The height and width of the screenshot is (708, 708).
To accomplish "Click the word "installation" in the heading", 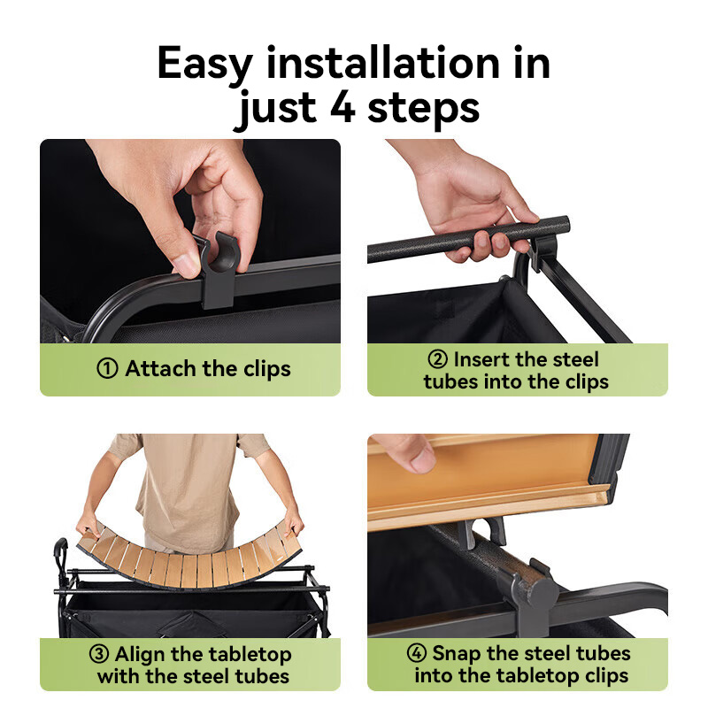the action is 383,63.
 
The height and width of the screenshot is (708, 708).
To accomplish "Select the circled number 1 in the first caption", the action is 107,368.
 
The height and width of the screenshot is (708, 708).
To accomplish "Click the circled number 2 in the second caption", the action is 437,359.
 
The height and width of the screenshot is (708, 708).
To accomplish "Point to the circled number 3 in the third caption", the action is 99,654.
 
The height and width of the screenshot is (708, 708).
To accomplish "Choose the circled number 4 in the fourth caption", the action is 417,652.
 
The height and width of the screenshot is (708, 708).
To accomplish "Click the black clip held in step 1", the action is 218,270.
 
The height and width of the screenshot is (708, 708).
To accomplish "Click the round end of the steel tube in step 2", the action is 562,225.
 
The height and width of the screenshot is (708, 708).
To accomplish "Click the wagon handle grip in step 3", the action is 59,550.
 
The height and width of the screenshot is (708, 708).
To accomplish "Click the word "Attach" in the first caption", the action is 161,368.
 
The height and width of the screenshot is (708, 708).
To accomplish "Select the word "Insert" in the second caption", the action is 480,360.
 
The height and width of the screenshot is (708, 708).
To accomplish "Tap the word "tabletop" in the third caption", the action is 250,655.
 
